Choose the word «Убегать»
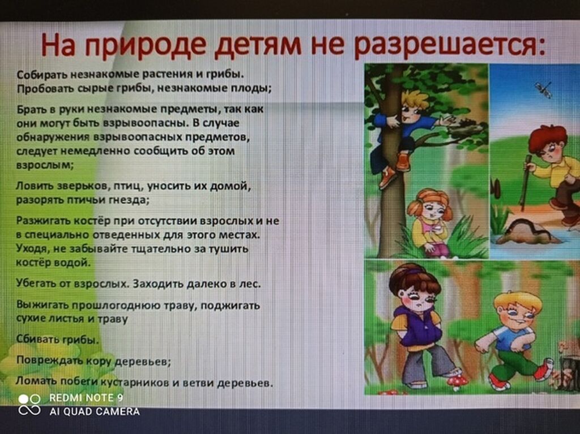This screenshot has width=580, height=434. (x=36, y=284)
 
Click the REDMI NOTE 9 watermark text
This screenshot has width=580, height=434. (x=86, y=398)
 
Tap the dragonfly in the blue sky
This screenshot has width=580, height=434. (x=543, y=89)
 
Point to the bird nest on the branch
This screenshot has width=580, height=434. (x=466, y=127)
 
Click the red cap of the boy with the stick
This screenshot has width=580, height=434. (x=548, y=137)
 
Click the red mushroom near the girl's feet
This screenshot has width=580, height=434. (x=457, y=381)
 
